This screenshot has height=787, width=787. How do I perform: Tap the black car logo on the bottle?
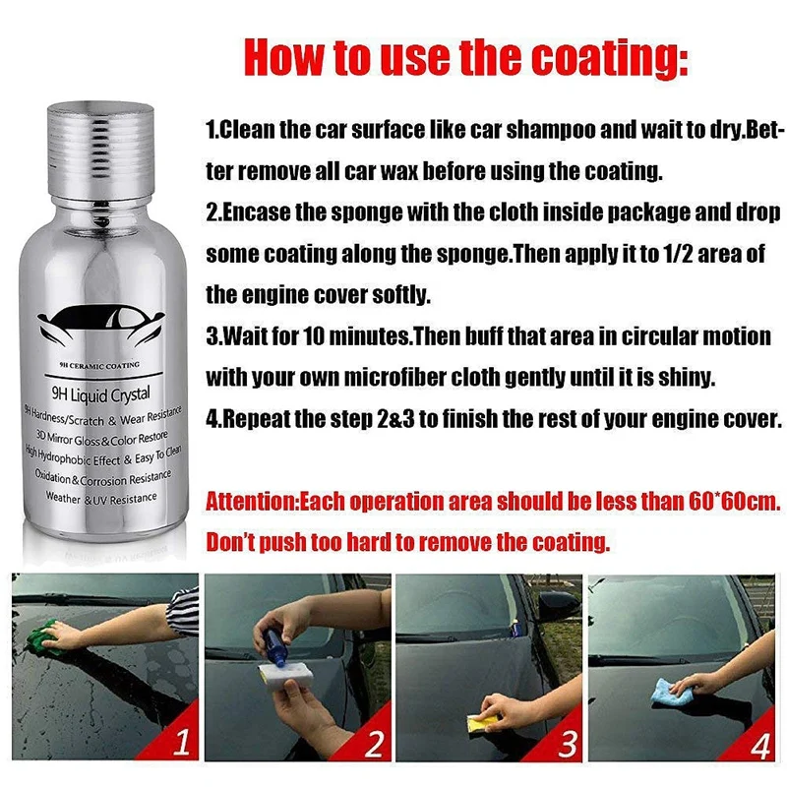point(101,326)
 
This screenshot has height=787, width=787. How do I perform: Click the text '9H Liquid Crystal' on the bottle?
point(101,394)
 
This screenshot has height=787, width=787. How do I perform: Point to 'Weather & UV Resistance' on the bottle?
point(101,499)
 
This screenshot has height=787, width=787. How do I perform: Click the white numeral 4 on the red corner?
point(758,747)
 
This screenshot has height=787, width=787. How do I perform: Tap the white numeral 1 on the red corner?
point(182,742)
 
